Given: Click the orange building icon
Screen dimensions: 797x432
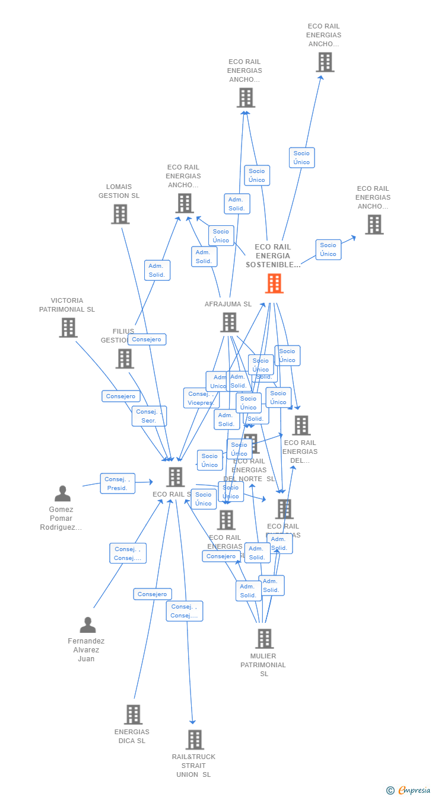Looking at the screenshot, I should click(274, 283).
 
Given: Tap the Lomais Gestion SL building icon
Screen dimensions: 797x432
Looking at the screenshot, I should click(120, 214).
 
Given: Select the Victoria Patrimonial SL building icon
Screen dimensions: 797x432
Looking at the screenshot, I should click(68, 328).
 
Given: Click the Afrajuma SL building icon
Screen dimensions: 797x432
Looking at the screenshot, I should click(229, 322).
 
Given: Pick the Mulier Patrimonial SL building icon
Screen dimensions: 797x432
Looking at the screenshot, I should click(264, 638).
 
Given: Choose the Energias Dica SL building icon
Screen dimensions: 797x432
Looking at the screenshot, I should click(134, 714).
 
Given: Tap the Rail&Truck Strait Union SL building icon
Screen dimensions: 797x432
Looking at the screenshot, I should click(195, 740).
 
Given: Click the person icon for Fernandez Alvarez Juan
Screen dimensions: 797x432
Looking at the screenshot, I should click(88, 625).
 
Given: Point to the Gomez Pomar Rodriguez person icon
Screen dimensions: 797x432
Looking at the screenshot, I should click(62, 493).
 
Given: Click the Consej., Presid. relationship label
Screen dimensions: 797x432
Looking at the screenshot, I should click(117, 484).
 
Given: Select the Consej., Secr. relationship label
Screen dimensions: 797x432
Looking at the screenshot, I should click(149, 416).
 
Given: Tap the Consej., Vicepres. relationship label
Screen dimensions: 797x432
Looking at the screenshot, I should click(201, 398).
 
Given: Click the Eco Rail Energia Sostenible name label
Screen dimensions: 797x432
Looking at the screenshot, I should click(273, 256).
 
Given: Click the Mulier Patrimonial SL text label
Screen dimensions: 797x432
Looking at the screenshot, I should click(263, 665).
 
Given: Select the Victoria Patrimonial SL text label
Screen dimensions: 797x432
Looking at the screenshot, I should click(67, 305).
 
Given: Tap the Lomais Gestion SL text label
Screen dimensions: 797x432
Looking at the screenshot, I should click(119, 191).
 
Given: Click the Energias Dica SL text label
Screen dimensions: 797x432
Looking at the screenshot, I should click(132, 737).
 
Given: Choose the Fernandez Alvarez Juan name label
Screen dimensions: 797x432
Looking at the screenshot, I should click(86, 650).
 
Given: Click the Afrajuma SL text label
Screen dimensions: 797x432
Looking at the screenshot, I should click(228, 304).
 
